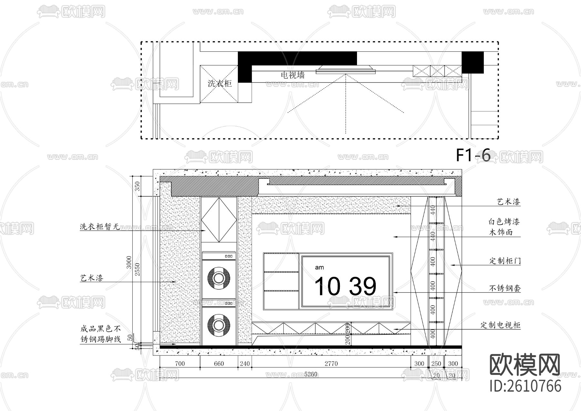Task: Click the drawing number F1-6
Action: coord(473,155)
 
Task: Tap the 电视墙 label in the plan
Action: coord(293,75)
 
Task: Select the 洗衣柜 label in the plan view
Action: coord(219,83)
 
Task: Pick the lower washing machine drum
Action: coord(219,325)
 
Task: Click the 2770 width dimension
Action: coord(331,364)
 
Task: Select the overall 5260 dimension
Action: coord(311,374)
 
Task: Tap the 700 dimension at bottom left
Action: coord(180,364)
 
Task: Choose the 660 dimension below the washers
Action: coord(219,364)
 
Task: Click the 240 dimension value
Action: coord(245,364)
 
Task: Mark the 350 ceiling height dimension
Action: coord(137,186)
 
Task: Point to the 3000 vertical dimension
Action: coord(129,262)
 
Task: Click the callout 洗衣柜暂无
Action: coord(100,227)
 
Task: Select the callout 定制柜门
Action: coord(505,261)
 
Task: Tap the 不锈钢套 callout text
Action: coord(505,288)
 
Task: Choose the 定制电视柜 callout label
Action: coord(500,325)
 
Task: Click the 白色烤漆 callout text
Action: coord(504,222)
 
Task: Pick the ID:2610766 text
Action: coord(525,386)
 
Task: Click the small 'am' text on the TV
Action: coord(319,268)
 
